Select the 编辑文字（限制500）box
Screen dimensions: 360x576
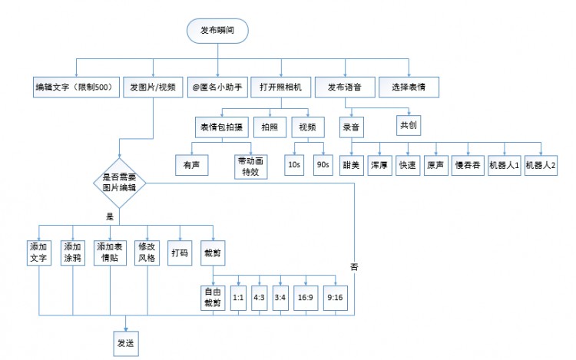tap(74, 88)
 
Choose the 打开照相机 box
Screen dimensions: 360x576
tap(281, 88)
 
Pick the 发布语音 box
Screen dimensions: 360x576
tap(345, 88)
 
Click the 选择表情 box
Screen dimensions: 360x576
tap(409, 88)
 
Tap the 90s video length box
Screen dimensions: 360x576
tap(322, 163)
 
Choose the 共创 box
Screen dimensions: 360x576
tap(408, 124)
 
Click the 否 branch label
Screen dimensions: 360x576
tap(354, 266)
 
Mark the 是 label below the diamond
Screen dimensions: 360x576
tap(110, 216)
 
